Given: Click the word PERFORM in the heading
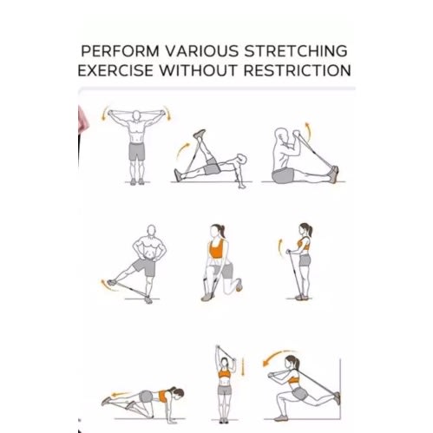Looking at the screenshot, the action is click(121, 51).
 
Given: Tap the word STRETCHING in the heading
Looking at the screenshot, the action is click(296, 51).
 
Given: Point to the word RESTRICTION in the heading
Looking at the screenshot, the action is click(298, 70).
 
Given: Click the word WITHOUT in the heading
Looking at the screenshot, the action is click(199, 70).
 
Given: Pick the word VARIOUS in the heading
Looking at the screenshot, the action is click(202, 51).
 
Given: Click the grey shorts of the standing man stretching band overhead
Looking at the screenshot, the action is click(136, 151).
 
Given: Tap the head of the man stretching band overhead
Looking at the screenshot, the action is click(136, 115).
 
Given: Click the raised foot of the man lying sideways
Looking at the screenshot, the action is click(200, 134).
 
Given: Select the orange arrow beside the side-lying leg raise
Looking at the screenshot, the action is click(181, 150).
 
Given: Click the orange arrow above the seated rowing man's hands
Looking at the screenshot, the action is click(309, 131).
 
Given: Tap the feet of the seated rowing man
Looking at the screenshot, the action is click(335, 174).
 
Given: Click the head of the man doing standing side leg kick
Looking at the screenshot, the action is click(151, 231).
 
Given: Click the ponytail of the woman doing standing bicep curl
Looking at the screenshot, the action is click(310, 230).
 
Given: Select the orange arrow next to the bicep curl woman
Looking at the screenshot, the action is click(279, 248).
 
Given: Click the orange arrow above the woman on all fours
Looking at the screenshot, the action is click(121, 394).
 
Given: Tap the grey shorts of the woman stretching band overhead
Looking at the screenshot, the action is click(225, 390).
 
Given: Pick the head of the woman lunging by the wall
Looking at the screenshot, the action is click(291, 363).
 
